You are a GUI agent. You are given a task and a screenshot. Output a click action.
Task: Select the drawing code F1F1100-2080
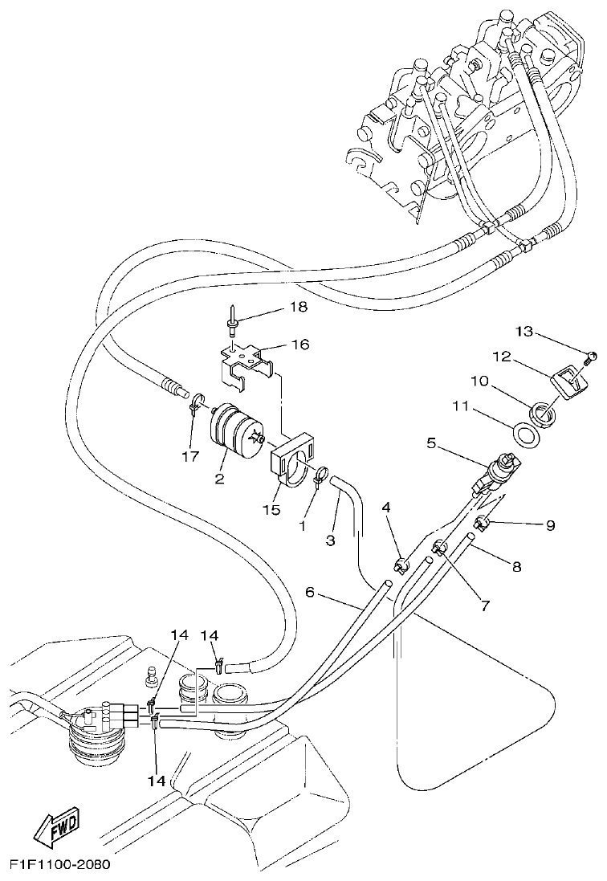(60, 865)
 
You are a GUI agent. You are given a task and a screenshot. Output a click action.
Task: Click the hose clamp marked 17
(195, 404)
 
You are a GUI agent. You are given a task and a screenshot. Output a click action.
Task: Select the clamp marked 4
(401, 567)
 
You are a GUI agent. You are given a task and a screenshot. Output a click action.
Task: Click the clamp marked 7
(438, 549)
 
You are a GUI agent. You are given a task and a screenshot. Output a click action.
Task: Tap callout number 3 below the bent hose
(330, 540)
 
